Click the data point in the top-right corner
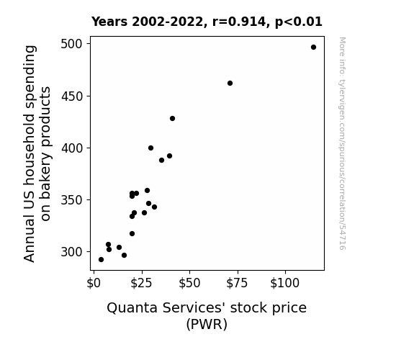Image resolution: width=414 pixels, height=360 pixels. click(313, 48)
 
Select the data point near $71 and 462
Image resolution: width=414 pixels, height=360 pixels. click(230, 84)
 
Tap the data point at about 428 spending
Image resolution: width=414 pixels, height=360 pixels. click(172, 119)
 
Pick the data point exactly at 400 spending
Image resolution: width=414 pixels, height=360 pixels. click(150, 148)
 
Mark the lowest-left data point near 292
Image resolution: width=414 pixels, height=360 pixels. click(101, 260)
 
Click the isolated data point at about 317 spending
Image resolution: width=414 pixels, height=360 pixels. click(132, 234)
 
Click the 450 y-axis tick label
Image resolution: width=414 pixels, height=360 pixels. click(72, 96)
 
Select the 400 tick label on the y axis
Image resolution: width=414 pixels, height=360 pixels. click(72, 148)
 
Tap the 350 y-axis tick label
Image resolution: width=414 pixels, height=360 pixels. click(72, 200)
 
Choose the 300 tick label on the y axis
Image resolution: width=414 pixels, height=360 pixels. click(72, 252)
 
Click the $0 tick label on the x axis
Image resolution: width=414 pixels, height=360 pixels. click(94, 283)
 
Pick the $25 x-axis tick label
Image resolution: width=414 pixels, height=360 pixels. click(142, 283)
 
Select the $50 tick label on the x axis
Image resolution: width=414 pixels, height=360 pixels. click(189, 283)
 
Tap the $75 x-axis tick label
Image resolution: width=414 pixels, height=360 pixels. click(237, 283)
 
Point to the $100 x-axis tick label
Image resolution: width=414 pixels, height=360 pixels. click(285, 283)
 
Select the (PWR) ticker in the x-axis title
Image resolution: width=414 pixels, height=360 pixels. click(207, 324)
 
